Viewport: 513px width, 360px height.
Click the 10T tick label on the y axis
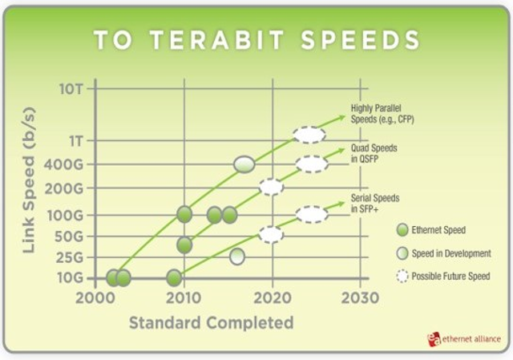(71, 89)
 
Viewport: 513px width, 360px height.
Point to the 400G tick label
(63, 164)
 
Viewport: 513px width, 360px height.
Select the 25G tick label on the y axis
(69, 258)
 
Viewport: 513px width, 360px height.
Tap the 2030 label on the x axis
(360, 297)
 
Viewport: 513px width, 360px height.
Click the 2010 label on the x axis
(184, 297)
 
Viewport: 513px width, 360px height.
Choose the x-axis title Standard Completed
(212, 322)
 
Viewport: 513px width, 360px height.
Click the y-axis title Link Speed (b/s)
(29, 180)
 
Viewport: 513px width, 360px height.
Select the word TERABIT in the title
(217, 40)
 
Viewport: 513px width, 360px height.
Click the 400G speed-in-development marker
(244, 164)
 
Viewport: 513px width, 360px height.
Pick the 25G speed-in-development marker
(237, 257)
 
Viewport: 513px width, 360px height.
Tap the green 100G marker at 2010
(184, 215)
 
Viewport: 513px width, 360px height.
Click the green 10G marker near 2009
(174, 278)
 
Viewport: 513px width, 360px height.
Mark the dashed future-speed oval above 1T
(309, 135)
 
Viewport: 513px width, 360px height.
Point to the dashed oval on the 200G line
(271, 187)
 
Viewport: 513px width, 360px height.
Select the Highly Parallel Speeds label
(382, 114)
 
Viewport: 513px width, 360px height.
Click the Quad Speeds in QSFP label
(374, 153)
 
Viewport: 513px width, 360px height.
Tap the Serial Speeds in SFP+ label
(375, 203)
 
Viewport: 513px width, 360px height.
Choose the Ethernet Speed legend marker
(402, 230)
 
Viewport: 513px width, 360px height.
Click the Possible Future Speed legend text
(450, 277)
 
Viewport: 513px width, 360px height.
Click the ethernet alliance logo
(464, 339)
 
